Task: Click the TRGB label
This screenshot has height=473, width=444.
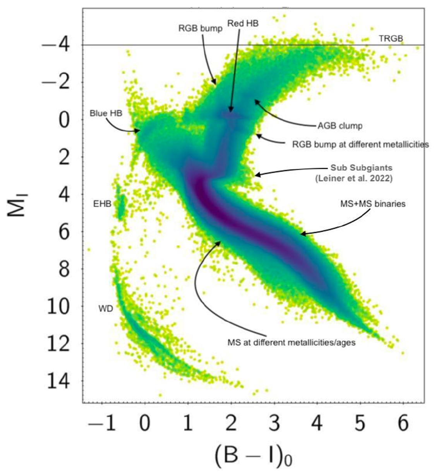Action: (391, 38)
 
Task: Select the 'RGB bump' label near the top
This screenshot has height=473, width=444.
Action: (200, 29)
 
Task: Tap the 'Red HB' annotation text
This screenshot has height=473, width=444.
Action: (243, 24)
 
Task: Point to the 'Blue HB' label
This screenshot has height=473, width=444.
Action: (106, 114)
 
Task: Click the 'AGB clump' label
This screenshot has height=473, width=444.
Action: (339, 126)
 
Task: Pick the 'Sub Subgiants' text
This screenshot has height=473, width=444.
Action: (361, 168)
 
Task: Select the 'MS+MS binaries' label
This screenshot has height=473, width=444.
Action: (373, 204)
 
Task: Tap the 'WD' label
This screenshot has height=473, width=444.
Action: (105, 309)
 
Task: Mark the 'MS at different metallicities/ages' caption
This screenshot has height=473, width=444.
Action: (291, 343)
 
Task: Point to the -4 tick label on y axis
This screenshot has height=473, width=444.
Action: (58, 46)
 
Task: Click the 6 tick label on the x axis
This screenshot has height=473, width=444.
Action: (403, 424)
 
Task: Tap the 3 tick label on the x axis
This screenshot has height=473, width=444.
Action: (274, 424)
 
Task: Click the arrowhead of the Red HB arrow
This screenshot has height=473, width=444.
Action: (231, 111)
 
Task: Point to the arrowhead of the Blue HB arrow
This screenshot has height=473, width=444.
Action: (139, 131)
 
